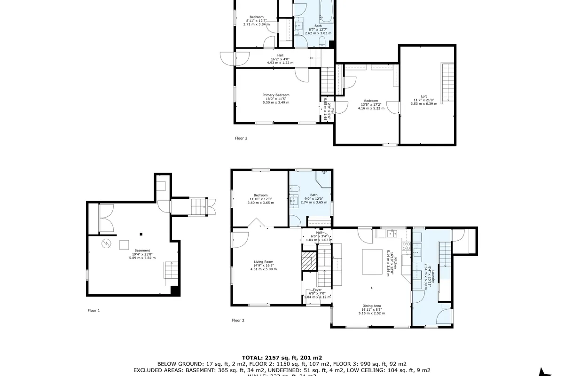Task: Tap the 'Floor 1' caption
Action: [x=94, y=310]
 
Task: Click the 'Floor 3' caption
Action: [x=241, y=138]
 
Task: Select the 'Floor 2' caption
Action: [x=238, y=321]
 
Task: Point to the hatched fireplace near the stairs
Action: [x=308, y=261]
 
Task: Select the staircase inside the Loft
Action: [x=448, y=82]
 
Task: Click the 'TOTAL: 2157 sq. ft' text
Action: [x=282, y=358]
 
